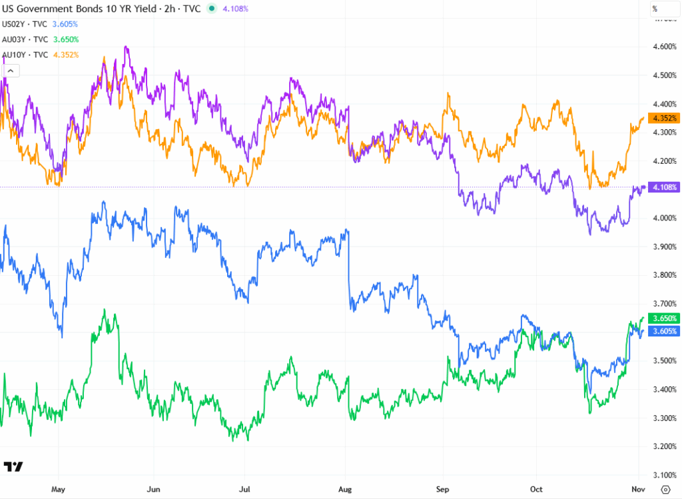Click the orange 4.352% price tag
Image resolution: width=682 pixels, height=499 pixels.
(x=665, y=119)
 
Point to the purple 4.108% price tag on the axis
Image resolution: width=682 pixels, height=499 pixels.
(x=665, y=188)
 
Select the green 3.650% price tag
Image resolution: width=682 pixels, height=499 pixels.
(x=665, y=318)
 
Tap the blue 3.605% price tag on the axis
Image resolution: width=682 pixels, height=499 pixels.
(x=665, y=331)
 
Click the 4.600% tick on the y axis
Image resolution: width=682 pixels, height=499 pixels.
(x=665, y=47)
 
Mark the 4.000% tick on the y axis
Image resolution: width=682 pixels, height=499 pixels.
(x=665, y=218)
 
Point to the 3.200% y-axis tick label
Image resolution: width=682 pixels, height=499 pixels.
(x=665, y=446)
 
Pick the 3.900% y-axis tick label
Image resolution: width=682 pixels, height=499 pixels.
(x=665, y=247)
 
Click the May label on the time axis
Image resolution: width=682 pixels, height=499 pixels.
(x=58, y=488)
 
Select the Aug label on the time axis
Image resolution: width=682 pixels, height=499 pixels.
(x=345, y=488)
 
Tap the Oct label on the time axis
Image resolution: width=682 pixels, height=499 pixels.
(x=535, y=488)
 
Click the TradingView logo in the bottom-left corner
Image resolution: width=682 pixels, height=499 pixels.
(x=13, y=466)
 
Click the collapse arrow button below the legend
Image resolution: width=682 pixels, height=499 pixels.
(x=12, y=70)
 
